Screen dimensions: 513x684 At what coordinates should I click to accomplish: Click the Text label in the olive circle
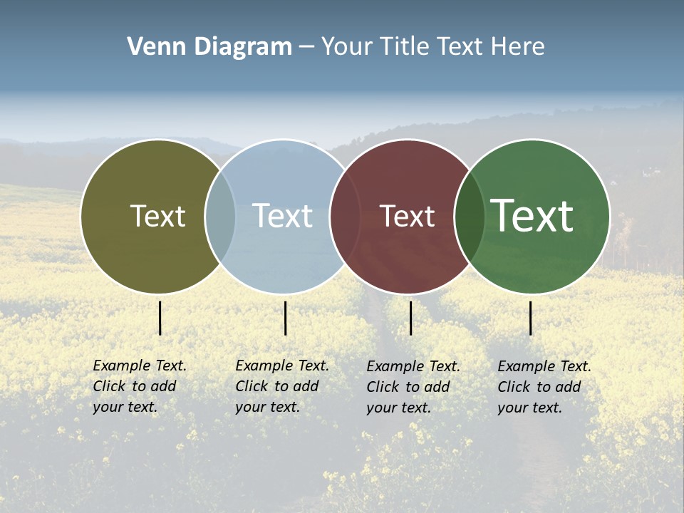tap(157, 216)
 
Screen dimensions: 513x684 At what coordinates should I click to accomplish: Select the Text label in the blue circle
tap(283, 216)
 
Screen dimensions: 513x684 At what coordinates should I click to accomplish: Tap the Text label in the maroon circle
tap(407, 216)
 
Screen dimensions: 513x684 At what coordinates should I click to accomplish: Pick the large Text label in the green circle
tap(532, 216)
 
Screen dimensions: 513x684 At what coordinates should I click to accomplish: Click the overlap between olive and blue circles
tap(220, 217)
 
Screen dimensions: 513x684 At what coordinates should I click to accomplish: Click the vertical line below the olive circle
tap(160, 318)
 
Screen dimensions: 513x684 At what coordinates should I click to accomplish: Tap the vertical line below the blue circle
tap(285, 318)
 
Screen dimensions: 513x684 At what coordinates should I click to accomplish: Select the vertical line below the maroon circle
tap(411, 318)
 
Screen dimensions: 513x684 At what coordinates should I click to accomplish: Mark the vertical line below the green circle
tap(531, 318)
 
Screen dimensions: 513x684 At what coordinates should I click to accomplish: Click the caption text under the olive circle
tap(139, 386)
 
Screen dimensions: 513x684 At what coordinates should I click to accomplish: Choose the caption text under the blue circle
tap(281, 386)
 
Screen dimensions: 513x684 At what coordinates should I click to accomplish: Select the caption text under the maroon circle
tap(413, 387)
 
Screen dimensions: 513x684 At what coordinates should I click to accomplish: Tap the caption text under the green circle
tap(544, 387)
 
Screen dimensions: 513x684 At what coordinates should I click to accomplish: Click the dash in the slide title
tap(306, 48)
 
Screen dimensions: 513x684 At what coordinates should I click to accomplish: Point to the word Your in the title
tap(347, 47)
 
